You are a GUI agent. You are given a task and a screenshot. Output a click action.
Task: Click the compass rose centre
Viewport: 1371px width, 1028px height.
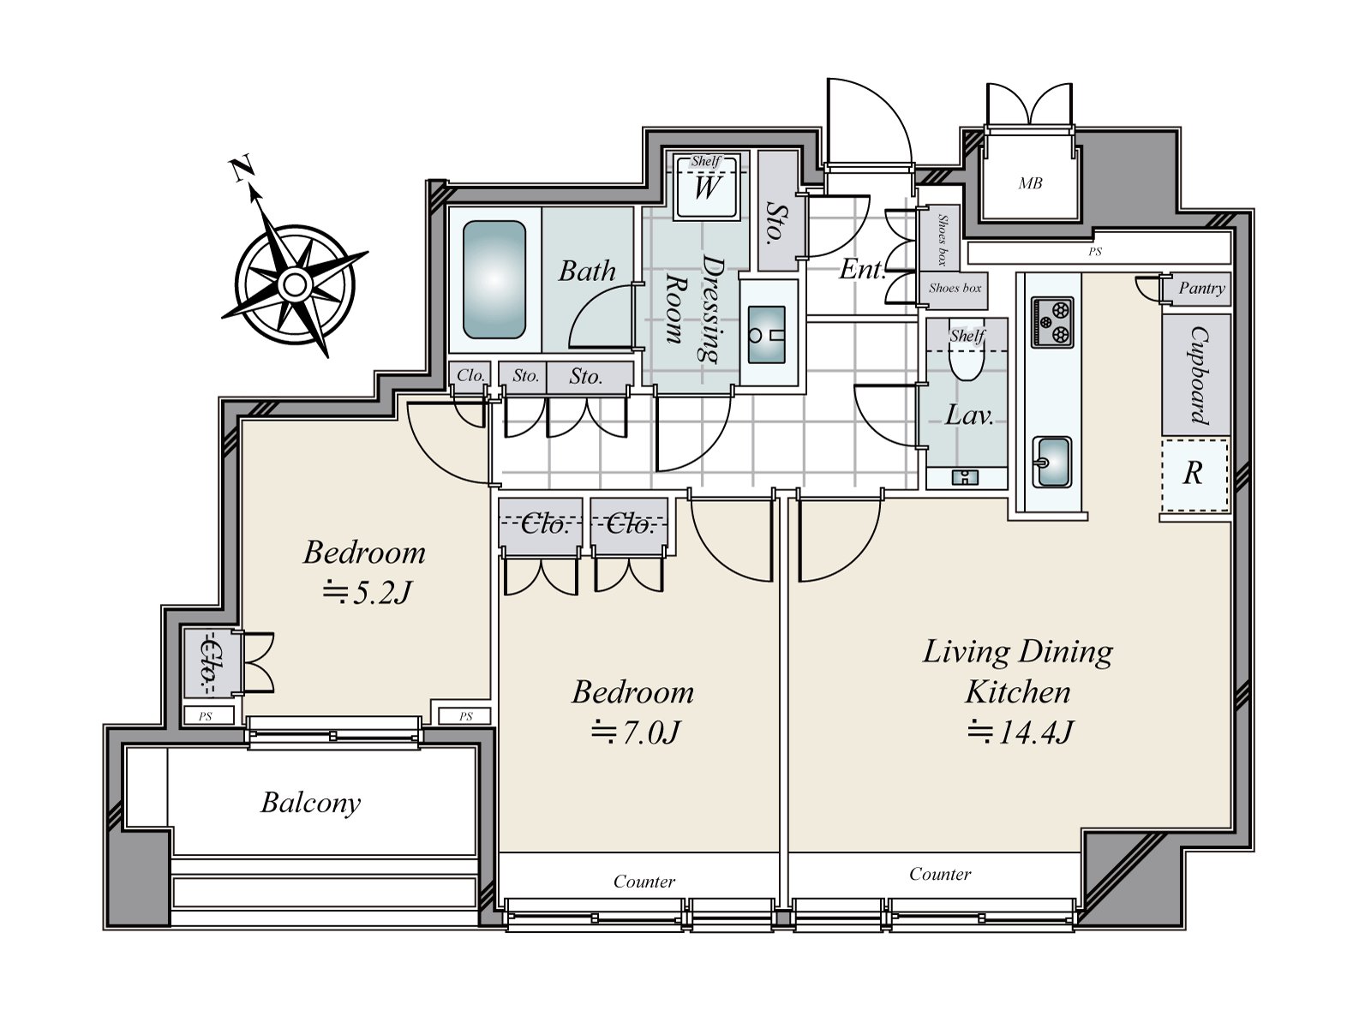294,284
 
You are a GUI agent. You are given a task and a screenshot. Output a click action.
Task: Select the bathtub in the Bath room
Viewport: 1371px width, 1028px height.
494,279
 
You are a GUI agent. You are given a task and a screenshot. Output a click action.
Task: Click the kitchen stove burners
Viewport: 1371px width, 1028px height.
1052,321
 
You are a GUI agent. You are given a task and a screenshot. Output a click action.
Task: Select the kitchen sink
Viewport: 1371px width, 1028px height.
1052,462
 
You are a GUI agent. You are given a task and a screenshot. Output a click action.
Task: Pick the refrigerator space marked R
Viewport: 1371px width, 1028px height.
1194,475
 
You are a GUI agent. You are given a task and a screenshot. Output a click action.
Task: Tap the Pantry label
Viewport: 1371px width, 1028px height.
1201,289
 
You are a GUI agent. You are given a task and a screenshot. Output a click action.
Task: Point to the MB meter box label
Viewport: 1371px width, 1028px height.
1030,183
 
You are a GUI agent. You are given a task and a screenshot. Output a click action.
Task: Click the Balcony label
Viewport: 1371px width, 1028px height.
310,804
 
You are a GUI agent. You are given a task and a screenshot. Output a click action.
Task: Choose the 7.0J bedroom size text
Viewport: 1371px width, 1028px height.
635,732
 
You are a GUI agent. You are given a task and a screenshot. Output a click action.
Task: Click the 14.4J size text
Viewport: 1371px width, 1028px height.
1020,732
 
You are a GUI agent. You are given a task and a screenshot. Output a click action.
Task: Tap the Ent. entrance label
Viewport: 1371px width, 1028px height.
862,270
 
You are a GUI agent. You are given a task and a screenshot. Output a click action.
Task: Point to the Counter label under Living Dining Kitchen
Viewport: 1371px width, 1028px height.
940,874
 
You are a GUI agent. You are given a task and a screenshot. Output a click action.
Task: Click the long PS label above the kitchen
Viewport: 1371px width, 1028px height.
1095,252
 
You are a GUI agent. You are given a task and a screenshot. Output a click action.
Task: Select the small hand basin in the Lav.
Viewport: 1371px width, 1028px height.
965,478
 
